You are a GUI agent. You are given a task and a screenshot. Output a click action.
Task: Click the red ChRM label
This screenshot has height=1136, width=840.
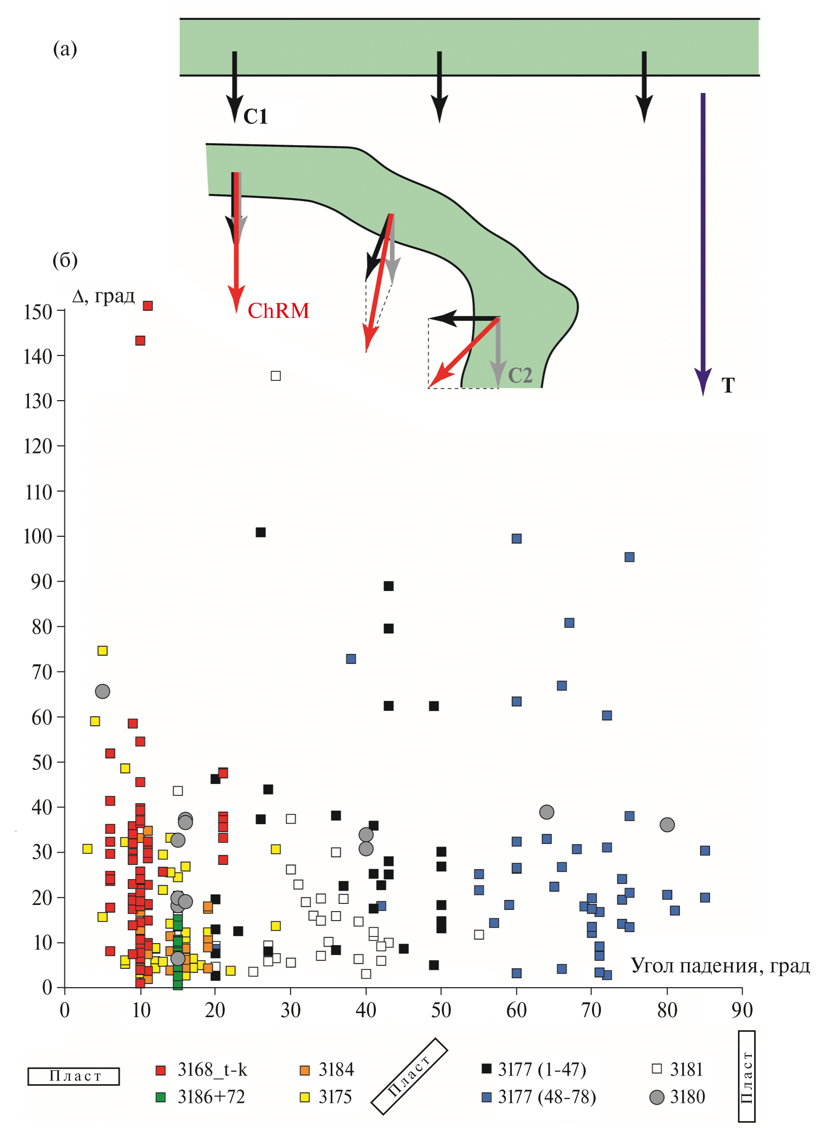pos(278,310)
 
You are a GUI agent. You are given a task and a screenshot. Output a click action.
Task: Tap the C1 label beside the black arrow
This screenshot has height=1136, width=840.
pos(255,117)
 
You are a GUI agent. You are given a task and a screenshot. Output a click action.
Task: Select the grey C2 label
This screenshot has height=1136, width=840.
pos(519,376)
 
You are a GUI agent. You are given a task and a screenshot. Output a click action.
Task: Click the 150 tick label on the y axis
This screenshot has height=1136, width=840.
pos(38,311)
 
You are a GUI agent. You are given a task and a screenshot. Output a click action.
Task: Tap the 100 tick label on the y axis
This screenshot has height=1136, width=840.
pos(38,536)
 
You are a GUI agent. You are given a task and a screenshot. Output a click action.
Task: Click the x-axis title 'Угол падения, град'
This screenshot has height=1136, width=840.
pos(720,965)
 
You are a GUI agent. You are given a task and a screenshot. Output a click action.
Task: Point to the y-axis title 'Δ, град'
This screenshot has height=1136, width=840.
pos(103,296)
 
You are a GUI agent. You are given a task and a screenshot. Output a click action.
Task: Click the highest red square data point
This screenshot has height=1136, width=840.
pos(148,306)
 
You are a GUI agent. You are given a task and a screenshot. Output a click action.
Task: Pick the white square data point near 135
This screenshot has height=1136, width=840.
pos(275,376)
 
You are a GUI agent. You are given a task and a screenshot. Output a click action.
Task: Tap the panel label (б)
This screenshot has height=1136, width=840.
pos(65,260)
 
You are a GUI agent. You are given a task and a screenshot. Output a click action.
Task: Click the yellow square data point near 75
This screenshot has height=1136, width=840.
pos(102,651)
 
